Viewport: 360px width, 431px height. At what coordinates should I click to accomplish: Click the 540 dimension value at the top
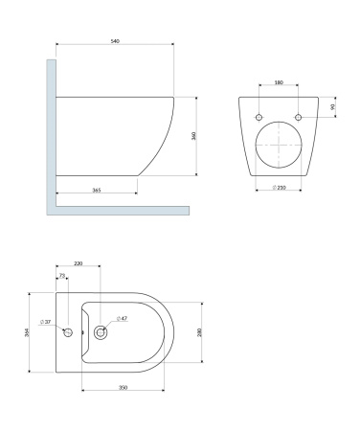click(x=115, y=41)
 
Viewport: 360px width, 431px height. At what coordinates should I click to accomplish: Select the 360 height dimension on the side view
click(x=193, y=136)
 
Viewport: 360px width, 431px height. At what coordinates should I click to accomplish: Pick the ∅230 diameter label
click(x=279, y=187)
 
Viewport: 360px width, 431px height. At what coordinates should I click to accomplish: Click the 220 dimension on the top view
click(x=78, y=262)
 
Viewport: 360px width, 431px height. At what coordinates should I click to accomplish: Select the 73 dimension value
click(x=62, y=277)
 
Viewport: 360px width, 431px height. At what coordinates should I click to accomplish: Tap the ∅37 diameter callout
click(x=45, y=321)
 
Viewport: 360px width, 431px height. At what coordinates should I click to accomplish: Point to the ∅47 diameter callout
click(x=123, y=318)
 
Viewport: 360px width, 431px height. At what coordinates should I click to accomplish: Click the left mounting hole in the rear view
click(x=259, y=118)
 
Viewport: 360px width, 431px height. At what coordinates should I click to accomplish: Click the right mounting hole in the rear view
click(x=299, y=118)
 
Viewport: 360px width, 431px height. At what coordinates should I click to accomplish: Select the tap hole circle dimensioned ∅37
click(x=67, y=332)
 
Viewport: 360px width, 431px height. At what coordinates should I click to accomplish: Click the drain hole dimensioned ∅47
click(x=101, y=332)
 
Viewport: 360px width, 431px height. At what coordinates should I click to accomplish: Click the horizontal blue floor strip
click(x=120, y=209)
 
